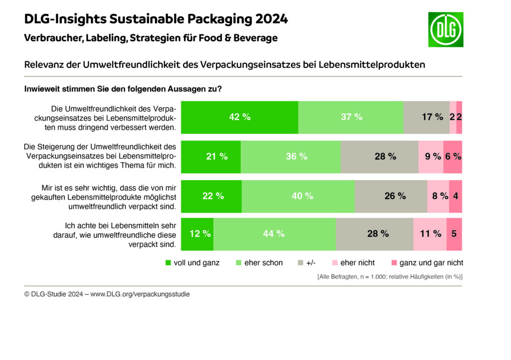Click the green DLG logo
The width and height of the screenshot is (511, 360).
pyautogui.click(x=446, y=29)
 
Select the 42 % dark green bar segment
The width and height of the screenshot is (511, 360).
pyautogui.click(x=240, y=117)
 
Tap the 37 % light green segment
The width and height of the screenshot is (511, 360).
pyautogui.click(x=351, y=117)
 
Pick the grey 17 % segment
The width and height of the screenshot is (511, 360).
pyautogui.click(x=427, y=117)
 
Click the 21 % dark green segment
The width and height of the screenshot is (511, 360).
pyautogui.click(x=211, y=157)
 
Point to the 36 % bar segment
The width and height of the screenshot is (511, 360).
pyautogui.click(x=291, y=157)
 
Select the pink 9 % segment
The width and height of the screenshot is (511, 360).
pyautogui.click(x=431, y=157)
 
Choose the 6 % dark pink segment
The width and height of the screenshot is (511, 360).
pyautogui.click(x=453, y=157)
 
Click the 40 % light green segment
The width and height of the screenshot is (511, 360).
pyautogui.click(x=298, y=196)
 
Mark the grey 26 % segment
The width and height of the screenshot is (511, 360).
pyautogui.click(x=391, y=196)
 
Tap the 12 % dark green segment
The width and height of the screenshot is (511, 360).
pyautogui.click(x=198, y=234)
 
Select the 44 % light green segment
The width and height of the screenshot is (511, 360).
pyautogui.click(x=275, y=234)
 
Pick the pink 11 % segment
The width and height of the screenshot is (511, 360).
pyautogui.click(x=430, y=234)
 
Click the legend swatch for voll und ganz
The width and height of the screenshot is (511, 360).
pyautogui.click(x=169, y=263)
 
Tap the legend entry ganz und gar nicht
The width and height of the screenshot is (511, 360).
pyautogui.click(x=431, y=263)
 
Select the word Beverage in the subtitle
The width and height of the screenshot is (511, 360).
pyautogui.click(x=255, y=38)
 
